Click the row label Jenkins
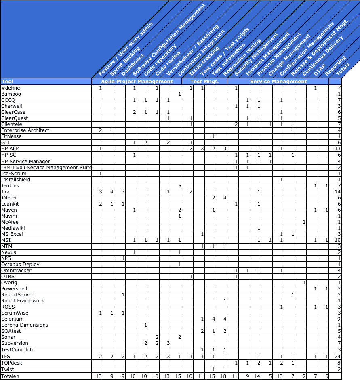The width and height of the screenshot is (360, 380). coord(10,185)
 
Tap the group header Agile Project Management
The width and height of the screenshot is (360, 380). coord(137,82)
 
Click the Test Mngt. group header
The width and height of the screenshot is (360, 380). coord(204,82)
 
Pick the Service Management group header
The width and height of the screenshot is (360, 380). coord(278,82)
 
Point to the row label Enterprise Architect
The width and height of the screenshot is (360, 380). coord(25,130)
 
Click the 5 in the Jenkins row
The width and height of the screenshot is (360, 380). coord(179,185)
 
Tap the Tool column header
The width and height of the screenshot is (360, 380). coord(7,82)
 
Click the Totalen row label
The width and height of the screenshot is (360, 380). coord(10,376)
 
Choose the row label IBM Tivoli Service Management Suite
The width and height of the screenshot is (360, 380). coord(46,167)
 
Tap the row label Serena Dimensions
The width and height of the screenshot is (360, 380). coord(24,325)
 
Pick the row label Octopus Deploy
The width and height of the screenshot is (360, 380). coord(20,265)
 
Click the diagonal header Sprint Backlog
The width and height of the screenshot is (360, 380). coord(125,61)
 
